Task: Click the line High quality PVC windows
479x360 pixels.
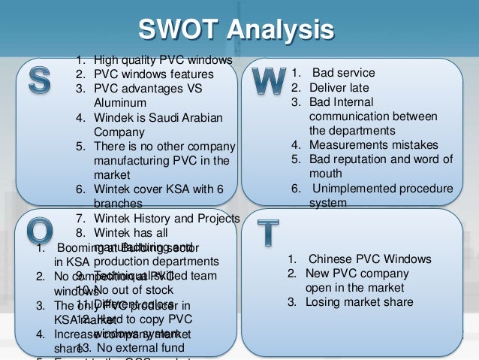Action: click(x=163, y=60)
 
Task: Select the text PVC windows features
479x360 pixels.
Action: click(x=154, y=74)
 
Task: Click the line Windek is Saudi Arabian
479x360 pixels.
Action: click(x=158, y=117)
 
